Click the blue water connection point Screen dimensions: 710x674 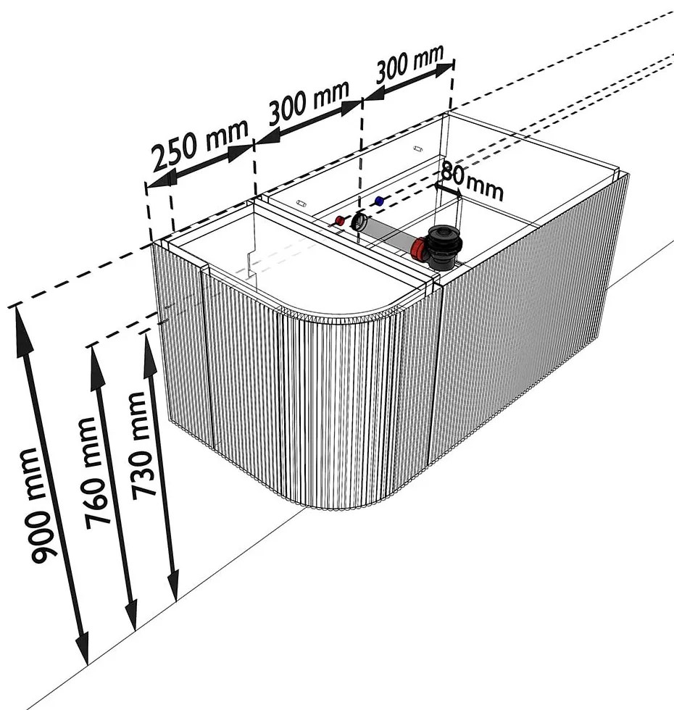coord(378,199)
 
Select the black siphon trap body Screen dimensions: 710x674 coord(444,246)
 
